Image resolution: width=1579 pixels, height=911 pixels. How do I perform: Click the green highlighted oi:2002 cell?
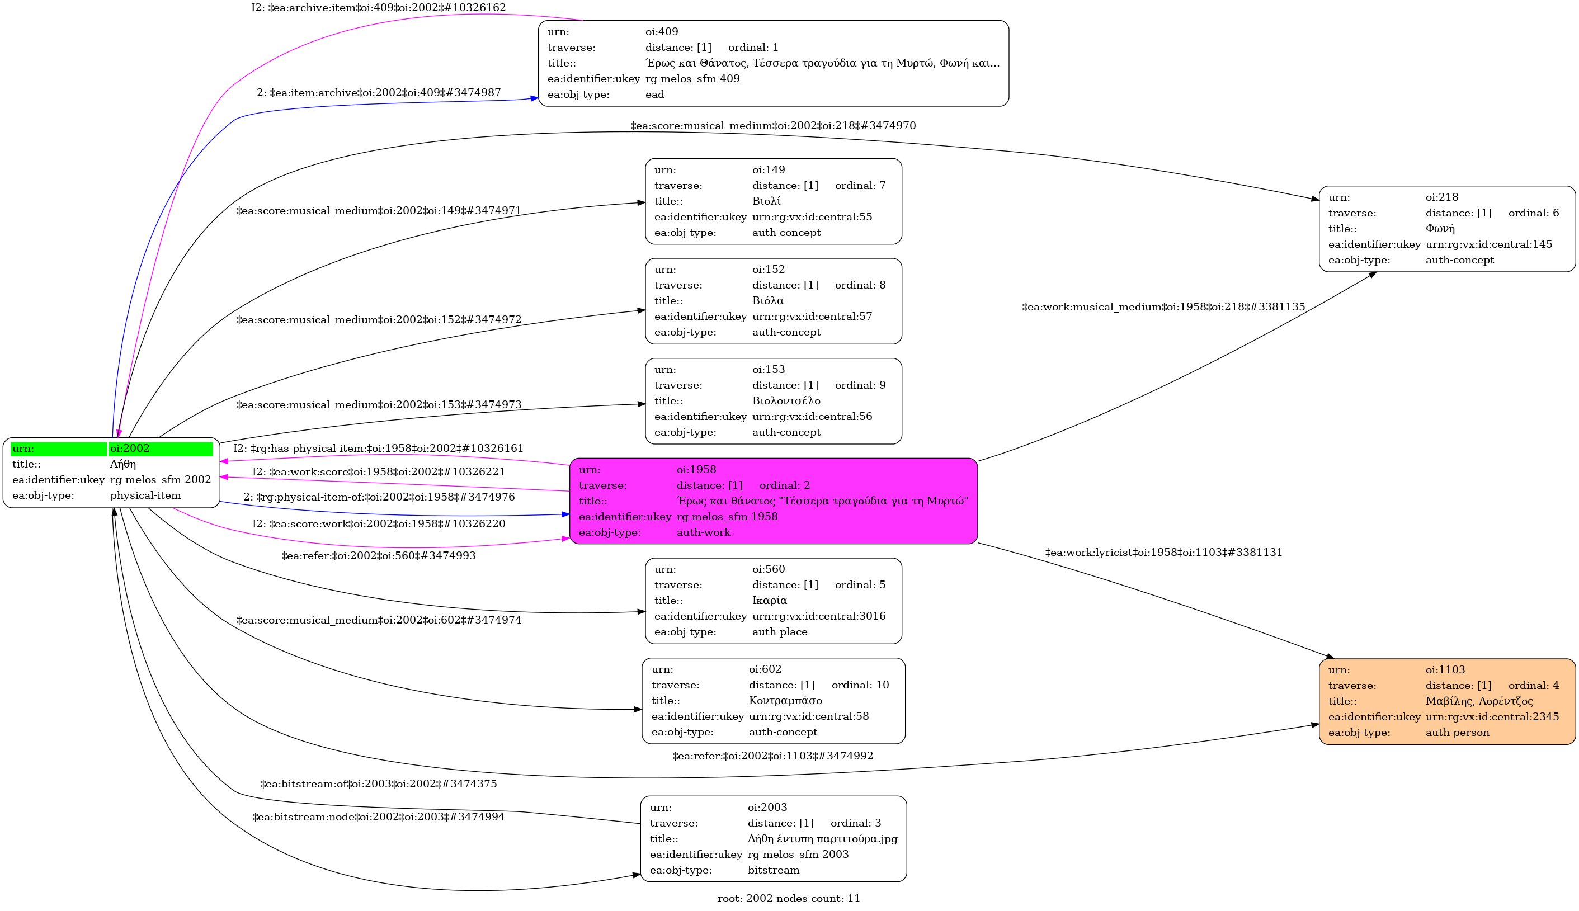click(x=160, y=449)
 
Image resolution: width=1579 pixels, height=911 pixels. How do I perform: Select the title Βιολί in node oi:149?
click(x=766, y=201)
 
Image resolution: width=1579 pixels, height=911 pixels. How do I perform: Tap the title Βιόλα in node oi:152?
click(x=767, y=301)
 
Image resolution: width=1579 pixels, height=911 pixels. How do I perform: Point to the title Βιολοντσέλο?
click(x=786, y=401)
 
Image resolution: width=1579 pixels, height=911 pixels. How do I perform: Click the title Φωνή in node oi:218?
click(x=1440, y=229)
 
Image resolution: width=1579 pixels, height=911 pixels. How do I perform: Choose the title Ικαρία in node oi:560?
click(x=769, y=601)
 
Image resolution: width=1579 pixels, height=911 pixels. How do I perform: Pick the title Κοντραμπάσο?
click(x=785, y=701)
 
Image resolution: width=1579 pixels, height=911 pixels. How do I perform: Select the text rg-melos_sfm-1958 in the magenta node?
click(x=727, y=517)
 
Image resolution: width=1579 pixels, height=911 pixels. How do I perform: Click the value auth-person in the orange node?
click(x=1457, y=733)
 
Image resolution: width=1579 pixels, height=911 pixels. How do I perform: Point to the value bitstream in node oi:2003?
click(x=773, y=870)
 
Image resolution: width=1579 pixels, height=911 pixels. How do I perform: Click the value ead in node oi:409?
click(x=654, y=95)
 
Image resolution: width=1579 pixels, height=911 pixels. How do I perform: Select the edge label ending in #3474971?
click(x=379, y=211)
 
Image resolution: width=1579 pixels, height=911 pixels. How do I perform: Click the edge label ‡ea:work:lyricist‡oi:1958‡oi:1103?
click(x=1163, y=553)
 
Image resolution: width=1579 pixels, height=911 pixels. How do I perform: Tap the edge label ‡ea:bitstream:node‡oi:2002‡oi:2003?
click(x=379, y=817)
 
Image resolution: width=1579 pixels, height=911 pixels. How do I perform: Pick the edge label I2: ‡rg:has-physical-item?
click(x=378, y=449)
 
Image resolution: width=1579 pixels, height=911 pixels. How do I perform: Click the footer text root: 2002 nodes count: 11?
click(x=788, y=899)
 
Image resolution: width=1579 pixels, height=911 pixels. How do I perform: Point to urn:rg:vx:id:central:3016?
click(x=818, y=616)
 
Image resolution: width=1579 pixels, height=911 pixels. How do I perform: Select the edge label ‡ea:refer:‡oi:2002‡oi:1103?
click(x=772, y=756)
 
